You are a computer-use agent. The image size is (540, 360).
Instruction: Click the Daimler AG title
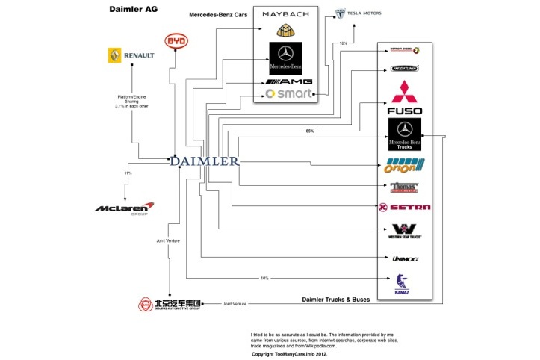[x=135, y=10]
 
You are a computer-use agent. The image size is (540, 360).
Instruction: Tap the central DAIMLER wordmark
[x=204, y=161]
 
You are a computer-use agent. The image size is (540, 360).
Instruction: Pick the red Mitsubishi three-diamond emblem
[x=405, y=95]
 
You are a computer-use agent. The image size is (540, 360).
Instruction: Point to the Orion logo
[x=405, y=166]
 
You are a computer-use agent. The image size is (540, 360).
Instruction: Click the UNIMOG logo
[x=405, y=258]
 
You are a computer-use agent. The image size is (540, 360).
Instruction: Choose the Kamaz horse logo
[x=404, y=282]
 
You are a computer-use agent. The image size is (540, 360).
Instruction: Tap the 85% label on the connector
[x=310, y=131]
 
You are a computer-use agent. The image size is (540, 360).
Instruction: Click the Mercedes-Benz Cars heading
[x=218, y=14]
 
